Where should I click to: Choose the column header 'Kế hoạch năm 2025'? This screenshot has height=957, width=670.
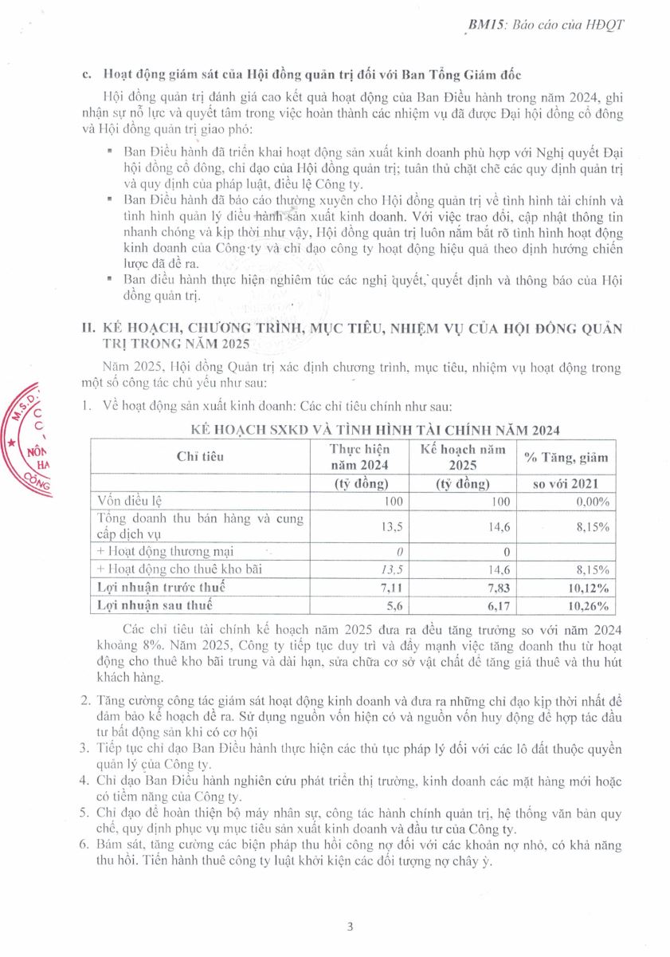point(463,456)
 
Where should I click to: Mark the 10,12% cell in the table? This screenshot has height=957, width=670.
point(588,588)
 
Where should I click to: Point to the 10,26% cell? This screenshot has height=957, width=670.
point(588,605)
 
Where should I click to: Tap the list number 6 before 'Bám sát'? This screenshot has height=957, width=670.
point(85,844)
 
